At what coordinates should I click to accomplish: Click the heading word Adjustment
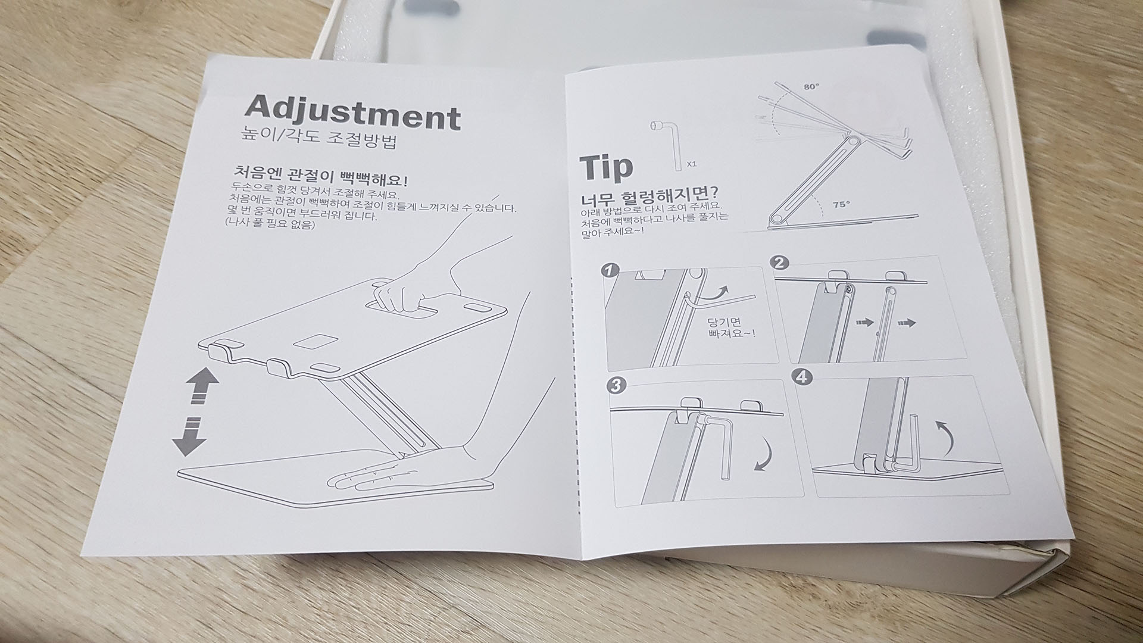[353, 113]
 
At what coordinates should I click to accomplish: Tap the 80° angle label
[811, 86]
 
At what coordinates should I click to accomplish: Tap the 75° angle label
[841, 204]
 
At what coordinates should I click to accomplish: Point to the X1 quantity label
[692, 163]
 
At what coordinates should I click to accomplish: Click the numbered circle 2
[780, 263]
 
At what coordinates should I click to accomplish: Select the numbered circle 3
[616, 386]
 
